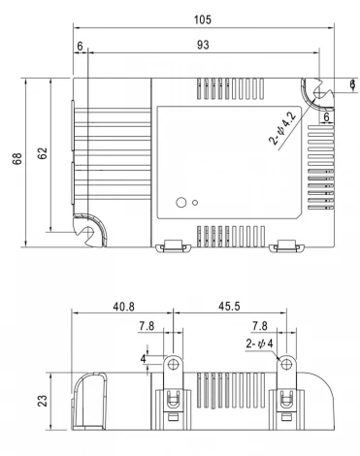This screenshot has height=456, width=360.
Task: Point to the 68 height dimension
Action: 18,159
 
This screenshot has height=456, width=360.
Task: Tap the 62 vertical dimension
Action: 43,156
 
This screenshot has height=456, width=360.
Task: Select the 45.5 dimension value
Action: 228,307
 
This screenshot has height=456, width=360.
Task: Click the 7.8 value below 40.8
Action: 145,327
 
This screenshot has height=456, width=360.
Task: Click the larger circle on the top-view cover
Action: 180,203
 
